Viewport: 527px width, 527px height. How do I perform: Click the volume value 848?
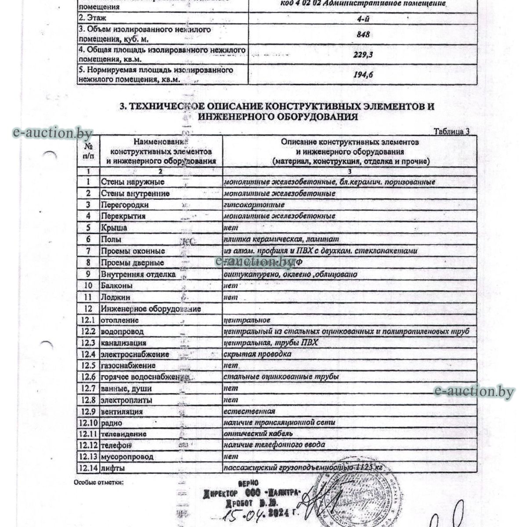point(363,34)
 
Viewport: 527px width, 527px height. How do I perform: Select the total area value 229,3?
point(363,55)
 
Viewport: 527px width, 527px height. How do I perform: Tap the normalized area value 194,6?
point(363,75)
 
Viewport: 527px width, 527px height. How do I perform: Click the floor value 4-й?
point(363,18)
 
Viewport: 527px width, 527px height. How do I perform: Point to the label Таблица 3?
point(452,131)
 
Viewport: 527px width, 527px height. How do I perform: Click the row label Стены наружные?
point(133,182)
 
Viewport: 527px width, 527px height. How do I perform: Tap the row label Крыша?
point(114,228)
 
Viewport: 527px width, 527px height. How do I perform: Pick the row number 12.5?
point(88,365)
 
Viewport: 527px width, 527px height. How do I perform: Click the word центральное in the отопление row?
point(247,320)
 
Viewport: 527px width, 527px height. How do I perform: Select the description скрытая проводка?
point(251,354)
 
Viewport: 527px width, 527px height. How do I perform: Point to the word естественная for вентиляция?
point(249,411)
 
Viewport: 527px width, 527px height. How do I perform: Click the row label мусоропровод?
point(127,457)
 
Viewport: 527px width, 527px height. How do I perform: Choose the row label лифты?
point(112,468)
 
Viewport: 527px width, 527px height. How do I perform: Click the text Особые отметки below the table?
point(99,482)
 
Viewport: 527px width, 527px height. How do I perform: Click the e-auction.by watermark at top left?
point(52,132)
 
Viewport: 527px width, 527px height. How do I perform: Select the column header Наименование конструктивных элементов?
point(161,151)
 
